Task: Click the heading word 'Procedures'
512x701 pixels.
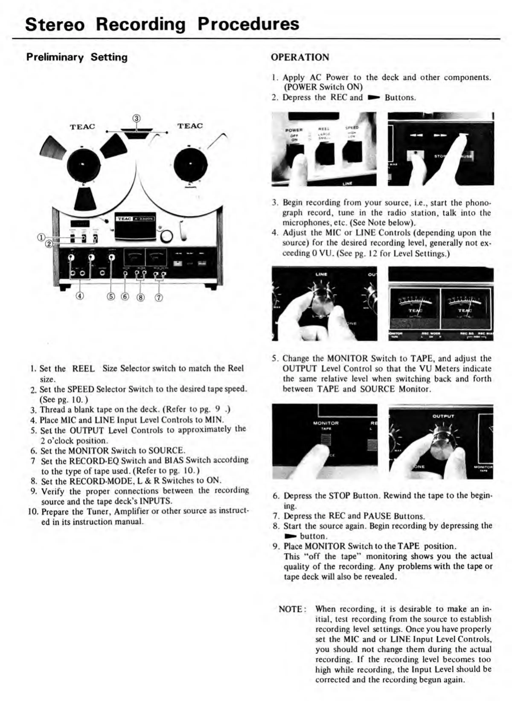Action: click(248, 24)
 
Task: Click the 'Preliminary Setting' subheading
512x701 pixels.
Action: click(77, 57)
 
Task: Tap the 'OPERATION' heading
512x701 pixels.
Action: click(300, 57)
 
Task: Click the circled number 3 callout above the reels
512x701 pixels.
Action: click(137, 118)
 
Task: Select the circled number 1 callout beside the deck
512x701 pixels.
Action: click(41, 238)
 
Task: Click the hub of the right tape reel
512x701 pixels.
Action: click(190, 164)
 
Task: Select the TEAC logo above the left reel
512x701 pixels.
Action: click(82, 127)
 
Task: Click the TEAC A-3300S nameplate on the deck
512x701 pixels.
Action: click(135, 219)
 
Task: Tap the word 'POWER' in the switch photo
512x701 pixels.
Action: click(294, 130)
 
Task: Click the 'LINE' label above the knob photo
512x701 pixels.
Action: click(321, 274)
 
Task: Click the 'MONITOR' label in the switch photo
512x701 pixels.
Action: click(326, 423)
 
